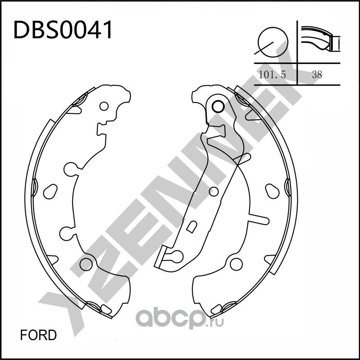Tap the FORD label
(39, 335)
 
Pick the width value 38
(317, 75)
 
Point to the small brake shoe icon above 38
(320, 40)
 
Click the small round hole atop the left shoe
(104, 107)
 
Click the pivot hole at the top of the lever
(217, 107)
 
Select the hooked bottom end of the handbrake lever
(169, 257)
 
